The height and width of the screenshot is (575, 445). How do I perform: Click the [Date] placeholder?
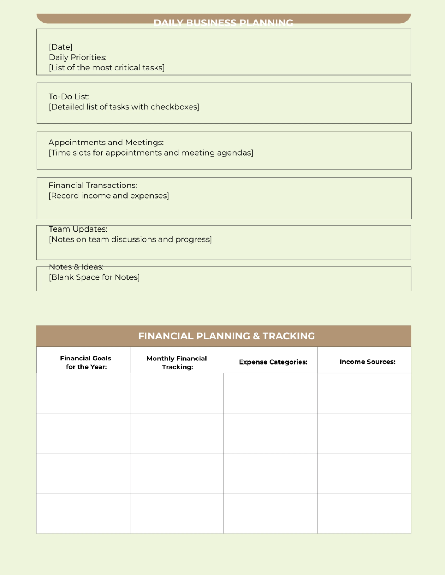[x=60, y=47]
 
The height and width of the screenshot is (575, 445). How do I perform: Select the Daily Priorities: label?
[x=78, y=57]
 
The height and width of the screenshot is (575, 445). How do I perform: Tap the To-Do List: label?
[x=69, y=97]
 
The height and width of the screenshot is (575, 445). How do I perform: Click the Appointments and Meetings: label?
[x=106, y=143]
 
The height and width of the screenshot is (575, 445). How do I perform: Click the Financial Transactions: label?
[x=93, y=185]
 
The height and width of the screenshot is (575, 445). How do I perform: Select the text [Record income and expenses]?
[x=109, y=196]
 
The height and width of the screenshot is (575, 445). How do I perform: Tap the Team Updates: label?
[x=78, y=229]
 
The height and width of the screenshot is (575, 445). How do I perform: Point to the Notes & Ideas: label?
[x=76, y=267]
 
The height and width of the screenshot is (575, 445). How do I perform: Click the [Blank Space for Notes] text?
[x=94, y=277]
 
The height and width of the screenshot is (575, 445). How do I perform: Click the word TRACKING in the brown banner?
[x=289, y=336]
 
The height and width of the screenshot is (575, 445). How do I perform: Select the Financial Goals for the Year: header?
[x=86, y=362]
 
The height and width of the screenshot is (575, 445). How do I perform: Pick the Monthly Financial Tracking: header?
[x=177, y=362]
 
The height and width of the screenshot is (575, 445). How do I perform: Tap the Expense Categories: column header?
[x=273, y=362]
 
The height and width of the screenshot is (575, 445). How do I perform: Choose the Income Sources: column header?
[x=367, y=362]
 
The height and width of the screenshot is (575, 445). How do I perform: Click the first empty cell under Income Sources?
[x=364, y=393]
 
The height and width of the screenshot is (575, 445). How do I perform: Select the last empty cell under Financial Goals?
[x=83, y=513]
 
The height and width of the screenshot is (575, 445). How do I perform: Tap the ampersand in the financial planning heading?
[x=256, y=336]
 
